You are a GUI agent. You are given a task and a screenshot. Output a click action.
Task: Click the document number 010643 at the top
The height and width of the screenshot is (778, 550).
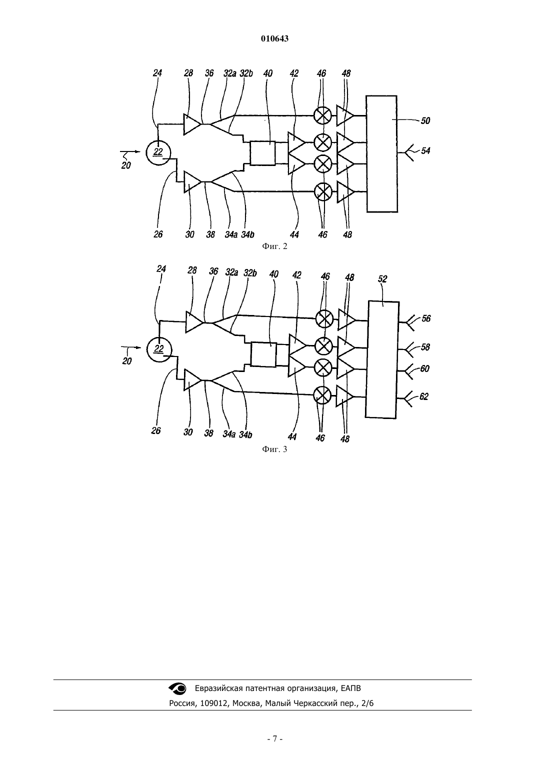274,38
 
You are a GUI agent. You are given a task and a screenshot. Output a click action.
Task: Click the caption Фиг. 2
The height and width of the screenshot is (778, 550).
274,246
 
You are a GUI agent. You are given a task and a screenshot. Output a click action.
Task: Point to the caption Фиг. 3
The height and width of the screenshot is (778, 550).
274,449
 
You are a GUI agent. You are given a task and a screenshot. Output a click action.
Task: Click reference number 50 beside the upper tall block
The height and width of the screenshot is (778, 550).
425,120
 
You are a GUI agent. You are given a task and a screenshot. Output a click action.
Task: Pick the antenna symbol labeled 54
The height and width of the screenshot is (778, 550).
409,152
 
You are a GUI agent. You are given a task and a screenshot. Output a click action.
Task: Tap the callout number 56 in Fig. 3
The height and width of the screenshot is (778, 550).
426,318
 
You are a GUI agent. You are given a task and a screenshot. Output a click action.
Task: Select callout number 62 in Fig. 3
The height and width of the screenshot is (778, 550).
423,396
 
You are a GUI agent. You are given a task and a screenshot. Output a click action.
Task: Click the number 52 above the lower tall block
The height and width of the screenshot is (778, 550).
382,279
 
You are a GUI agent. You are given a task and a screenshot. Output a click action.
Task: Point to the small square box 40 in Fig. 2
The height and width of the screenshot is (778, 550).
262,153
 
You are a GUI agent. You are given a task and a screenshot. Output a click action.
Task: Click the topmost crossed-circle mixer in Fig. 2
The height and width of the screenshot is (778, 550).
323,115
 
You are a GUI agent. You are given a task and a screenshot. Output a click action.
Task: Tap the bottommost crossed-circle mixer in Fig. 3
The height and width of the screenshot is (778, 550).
322,395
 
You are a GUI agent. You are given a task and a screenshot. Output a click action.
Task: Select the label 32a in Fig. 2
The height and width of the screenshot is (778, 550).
230,73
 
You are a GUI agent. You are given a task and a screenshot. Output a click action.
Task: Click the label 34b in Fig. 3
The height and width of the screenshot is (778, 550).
245,434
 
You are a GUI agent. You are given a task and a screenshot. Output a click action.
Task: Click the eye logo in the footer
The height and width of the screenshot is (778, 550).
177,688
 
